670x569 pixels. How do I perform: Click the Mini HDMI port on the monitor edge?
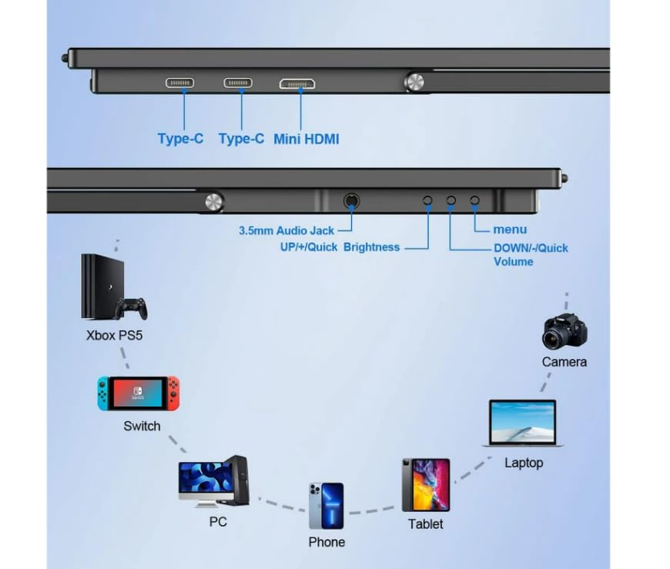[x=297, y=83]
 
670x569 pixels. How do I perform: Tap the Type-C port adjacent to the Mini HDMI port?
[x=238, y=83]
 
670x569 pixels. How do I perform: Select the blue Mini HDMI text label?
[x=306, y=139]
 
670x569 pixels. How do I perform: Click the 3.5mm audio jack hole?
[x=351, y=201]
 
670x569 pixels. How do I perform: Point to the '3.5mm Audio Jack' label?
[x=287, y=229]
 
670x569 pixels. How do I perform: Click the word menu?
[x=510, y=229]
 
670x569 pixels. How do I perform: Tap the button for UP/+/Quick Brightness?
[x=428, y=200]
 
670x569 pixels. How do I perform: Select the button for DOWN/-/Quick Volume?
[x=451, y=200]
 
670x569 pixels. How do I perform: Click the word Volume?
[x=513, y=262]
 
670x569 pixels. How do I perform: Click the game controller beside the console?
[x=131, y=307]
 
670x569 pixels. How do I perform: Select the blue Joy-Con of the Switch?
[x=103, y=392]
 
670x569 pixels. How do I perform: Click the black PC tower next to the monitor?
[x=237, y=479]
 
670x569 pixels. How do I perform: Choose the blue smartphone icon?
[x=327, y=506]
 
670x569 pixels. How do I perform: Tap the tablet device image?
[x=425, y=485]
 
